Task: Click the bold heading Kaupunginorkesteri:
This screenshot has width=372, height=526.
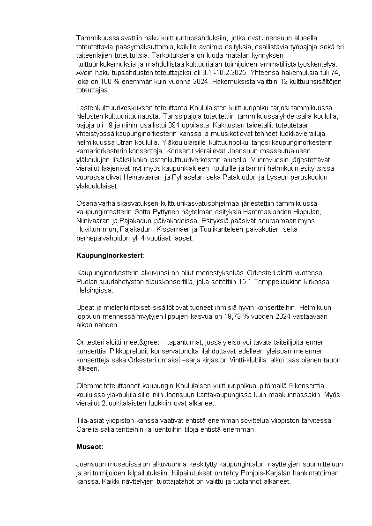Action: coord(110,255)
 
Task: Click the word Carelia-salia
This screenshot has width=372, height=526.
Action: coord(97,429)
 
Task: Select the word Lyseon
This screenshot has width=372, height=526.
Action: coord(282,178)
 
